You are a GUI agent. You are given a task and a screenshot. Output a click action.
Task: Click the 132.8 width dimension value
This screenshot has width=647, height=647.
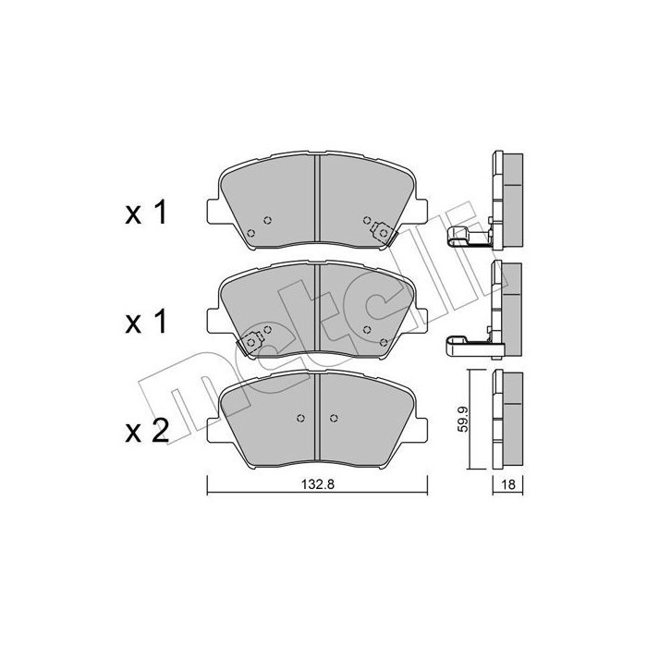point(317,484)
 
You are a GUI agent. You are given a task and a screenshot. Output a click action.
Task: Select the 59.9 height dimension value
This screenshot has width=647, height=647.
point(463,419)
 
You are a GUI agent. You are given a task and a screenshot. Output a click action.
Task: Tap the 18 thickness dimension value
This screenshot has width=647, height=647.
point(508,484)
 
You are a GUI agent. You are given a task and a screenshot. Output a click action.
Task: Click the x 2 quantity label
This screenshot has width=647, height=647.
point(147,431)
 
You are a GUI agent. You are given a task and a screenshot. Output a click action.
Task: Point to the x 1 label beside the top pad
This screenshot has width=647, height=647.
point(146,212)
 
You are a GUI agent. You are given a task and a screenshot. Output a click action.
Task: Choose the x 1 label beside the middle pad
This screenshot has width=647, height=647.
point(146,322)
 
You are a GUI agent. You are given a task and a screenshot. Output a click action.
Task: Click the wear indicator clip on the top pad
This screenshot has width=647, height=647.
point(383,233)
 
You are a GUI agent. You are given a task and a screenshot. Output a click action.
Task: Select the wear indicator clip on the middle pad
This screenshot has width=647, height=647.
point(250,343)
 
